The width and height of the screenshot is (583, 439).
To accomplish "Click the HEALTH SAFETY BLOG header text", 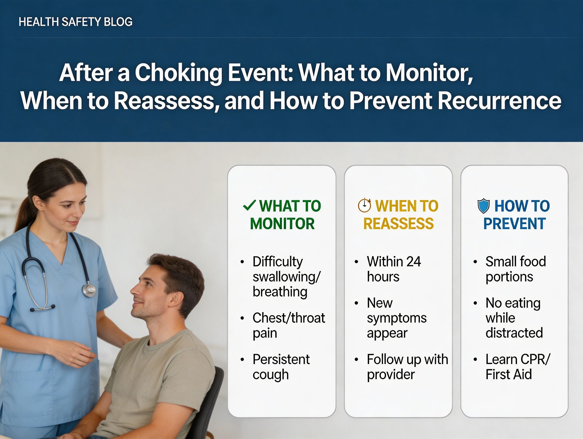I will [76, 22].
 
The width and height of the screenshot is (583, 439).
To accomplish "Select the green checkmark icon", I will [249, 206].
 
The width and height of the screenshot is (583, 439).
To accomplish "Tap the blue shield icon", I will [483, 206].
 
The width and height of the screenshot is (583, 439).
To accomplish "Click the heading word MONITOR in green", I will [282, 224].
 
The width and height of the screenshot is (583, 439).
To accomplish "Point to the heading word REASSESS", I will [398, 224].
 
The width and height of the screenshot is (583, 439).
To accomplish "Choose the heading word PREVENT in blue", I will [514, 224].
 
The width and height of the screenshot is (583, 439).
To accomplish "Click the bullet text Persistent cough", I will [281, 367].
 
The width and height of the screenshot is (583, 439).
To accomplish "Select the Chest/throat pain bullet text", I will [288, 326].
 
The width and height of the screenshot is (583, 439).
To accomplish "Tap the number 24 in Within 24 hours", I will [414, 262].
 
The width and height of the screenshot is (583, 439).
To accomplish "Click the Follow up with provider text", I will [407, 367].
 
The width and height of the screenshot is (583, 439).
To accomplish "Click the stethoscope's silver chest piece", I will [89, 290].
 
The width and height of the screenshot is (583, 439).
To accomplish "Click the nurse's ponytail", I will [24, 213].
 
